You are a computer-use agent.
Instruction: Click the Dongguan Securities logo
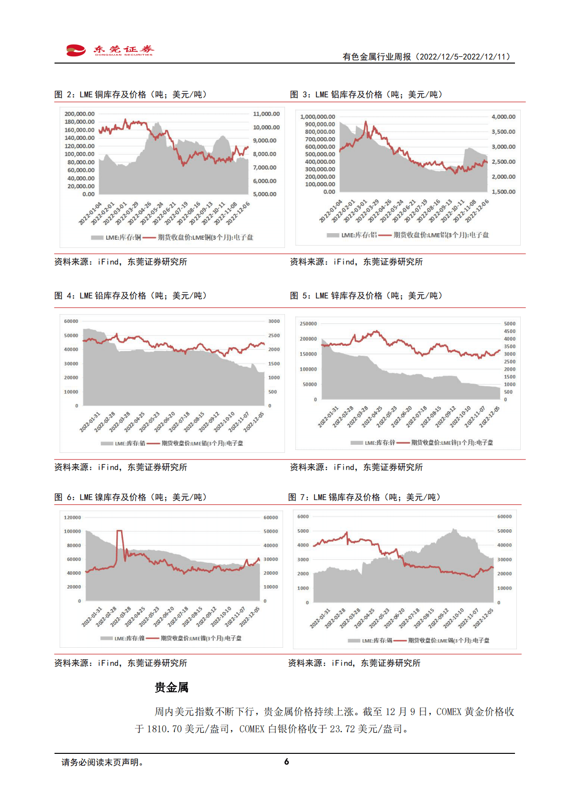click(x=110, y=50)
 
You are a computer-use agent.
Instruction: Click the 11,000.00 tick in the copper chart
click(x=266, y=114)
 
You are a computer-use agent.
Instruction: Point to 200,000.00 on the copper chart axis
click(x=79, y=114)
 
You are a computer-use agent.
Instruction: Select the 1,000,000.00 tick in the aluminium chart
click(x=317, y=117)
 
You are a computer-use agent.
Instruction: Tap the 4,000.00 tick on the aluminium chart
click(x=503, y=117)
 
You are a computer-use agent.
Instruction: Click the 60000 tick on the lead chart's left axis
click(x=71, y=322)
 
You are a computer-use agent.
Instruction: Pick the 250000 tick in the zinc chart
click(x=308, y=324)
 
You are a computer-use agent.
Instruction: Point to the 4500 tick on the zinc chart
click(x=510, y=332)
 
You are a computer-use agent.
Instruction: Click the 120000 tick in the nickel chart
click(x=72, y=518)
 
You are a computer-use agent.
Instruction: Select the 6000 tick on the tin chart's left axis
click(x=303, y=517)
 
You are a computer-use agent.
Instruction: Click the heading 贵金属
click(x=172, y=687)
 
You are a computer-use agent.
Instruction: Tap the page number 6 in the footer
click(x=286, y=762)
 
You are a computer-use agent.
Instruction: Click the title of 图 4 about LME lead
click(x=131, y=296)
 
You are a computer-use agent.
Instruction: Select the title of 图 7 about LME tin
click(x=364, y=497)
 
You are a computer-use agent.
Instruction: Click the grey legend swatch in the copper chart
click(x=97, y=237)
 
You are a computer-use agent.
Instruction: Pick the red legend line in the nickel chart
click(x=153, y=638)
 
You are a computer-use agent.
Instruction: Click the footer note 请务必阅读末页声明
click(x=102, y=762)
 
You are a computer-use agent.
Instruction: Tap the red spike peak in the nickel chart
click(x=120, y=531)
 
